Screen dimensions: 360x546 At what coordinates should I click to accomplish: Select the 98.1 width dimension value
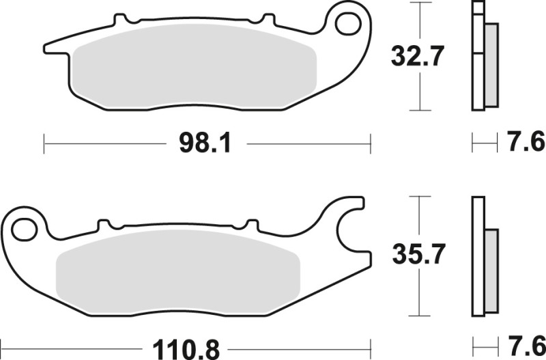click(x=203, y=143)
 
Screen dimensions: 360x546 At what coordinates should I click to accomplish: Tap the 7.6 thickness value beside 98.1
click(x=526, y=143)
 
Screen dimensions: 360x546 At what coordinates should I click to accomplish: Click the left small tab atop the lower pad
click(x=104, y=224)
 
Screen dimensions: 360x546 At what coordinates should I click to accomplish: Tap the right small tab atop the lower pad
click(x=251, y=224)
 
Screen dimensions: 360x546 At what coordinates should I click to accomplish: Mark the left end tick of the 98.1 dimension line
click(x=44, y=143)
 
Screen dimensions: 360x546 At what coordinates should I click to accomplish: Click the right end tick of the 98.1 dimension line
click(x=371, y=143)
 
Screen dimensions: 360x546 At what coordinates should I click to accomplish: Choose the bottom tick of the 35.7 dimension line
click(x=418, y=316)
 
